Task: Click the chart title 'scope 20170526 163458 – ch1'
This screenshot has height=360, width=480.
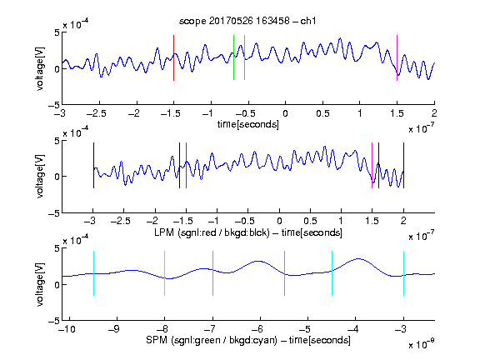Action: point(247,21)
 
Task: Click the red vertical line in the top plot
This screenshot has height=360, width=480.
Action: point(173,57)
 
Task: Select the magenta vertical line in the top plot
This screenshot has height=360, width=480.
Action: point(397,57)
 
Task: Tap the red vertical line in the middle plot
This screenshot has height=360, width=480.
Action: point(186,165)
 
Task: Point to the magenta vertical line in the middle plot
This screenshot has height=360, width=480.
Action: point(372,165)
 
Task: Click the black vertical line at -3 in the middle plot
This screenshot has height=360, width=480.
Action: point(93,165)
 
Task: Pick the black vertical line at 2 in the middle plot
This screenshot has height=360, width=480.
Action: point(403,165)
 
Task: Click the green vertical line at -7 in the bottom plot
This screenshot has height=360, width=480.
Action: point(212,273)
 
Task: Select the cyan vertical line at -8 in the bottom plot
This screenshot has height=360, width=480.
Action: point(164,273)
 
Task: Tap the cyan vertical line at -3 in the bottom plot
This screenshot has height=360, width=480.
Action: point(403,273)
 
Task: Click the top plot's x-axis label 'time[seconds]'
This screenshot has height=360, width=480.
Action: point(248,124)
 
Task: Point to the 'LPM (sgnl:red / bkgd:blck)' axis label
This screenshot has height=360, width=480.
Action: point(212,232)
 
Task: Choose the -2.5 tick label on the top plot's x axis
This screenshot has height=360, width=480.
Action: point(97,113)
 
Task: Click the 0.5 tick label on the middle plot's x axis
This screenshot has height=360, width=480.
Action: point(310,221)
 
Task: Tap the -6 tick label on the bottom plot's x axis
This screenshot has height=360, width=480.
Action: point(257,329)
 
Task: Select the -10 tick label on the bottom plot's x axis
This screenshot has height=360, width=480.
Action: point(67,329)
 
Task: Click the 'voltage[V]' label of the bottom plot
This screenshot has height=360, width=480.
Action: point(40,284)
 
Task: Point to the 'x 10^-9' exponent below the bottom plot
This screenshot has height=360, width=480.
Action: point(421,344)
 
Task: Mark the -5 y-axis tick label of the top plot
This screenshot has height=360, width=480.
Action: point(54,105)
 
